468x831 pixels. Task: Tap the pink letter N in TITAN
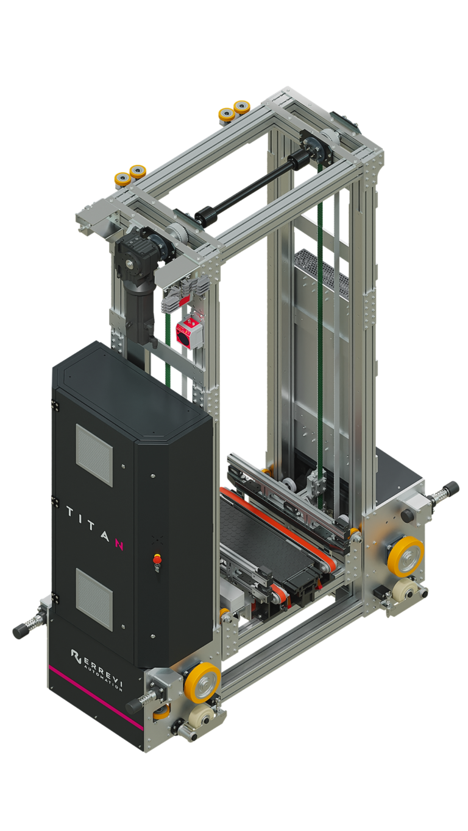tap(118, 544)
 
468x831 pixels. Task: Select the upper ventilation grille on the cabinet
tap(94, 455)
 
